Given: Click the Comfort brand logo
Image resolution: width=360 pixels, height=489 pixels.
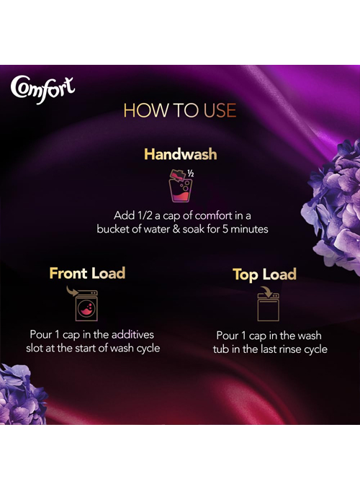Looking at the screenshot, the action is tap(42, 89).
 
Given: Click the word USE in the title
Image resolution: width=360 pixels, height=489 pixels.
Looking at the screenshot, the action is tap(220, 110).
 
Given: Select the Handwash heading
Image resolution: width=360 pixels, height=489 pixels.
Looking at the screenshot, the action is tap(181, 154).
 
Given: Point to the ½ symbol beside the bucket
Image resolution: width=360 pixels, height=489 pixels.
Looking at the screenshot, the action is tap(191, 173).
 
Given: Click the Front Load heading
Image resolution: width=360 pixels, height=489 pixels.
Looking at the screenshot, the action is tap(87, 273).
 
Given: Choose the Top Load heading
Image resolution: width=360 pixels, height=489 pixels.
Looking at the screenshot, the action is tap(265, 275).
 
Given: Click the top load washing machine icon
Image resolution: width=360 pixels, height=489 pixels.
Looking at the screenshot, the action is tap(269, 308).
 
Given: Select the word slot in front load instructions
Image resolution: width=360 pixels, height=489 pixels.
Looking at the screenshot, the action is tap(35, 348).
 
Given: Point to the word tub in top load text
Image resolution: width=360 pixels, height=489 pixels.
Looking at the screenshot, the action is tap(221, 349).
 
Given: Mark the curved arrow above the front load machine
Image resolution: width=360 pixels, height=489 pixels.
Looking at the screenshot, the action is tap(72, 291).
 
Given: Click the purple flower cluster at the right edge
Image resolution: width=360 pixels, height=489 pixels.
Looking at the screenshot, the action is tap(333, 205).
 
